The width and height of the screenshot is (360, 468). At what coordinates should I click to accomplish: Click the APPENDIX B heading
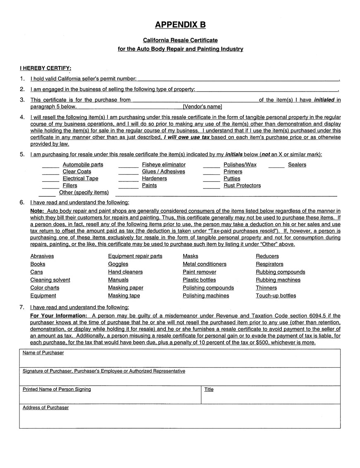[x=180, y=25]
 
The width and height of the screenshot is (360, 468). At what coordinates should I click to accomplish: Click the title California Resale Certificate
[x=180, y=40]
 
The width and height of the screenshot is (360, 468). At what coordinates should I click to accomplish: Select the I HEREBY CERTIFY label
[x=46, y=68]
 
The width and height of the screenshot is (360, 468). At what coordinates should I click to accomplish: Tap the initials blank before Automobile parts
[x=50, y=166]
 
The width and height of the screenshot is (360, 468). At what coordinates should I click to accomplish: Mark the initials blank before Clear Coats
[x=50, y=174]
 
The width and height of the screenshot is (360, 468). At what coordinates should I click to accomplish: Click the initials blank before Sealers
[x=276, y=166]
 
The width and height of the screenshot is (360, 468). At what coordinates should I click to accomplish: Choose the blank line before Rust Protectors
[x=211, y=188]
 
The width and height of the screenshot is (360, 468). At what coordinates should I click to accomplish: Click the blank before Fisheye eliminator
[x=128, y=166]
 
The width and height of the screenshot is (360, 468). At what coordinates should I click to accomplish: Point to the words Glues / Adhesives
[x=163, y=171]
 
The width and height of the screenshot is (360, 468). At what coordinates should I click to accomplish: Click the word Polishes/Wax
[x=240, y=164]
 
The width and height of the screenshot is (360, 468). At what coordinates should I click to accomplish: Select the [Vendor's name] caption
[x=202, y=106]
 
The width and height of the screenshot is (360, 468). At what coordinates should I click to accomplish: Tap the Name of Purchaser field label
[x=43, y=353]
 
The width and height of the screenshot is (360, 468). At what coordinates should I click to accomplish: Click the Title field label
[x=209, y=389]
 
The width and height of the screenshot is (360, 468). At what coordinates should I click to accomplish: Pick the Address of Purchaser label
[x=46, y=408]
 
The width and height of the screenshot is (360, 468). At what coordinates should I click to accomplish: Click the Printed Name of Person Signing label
[x=57, y=389]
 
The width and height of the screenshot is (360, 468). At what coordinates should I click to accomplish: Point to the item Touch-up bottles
[x=276, y=296]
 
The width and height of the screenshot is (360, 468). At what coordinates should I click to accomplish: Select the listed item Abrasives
[x=42, y=256]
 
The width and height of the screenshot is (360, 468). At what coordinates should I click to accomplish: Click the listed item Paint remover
[x=199, y=272]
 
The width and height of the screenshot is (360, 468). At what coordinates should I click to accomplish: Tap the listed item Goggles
[x=118, y=264]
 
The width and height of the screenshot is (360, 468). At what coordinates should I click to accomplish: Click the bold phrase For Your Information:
[x=58, y=315]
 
